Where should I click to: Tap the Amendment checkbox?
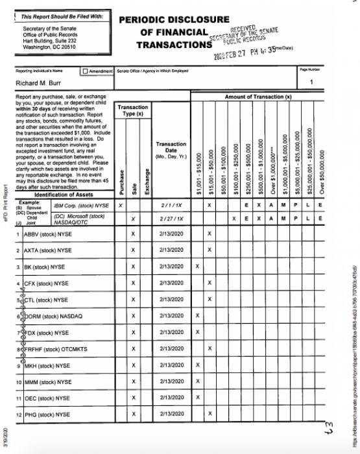(x=85, y=70)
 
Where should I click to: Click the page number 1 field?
(x=312, y=82)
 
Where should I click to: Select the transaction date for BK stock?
(x=171, y=267)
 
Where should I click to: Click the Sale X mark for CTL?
(x=133, y=300)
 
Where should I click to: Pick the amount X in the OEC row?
(x=197, y=398)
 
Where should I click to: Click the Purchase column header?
(x=121, y=182)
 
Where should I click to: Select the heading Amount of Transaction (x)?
(x=258, y=97)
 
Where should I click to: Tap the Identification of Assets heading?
(x=59, y=195)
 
